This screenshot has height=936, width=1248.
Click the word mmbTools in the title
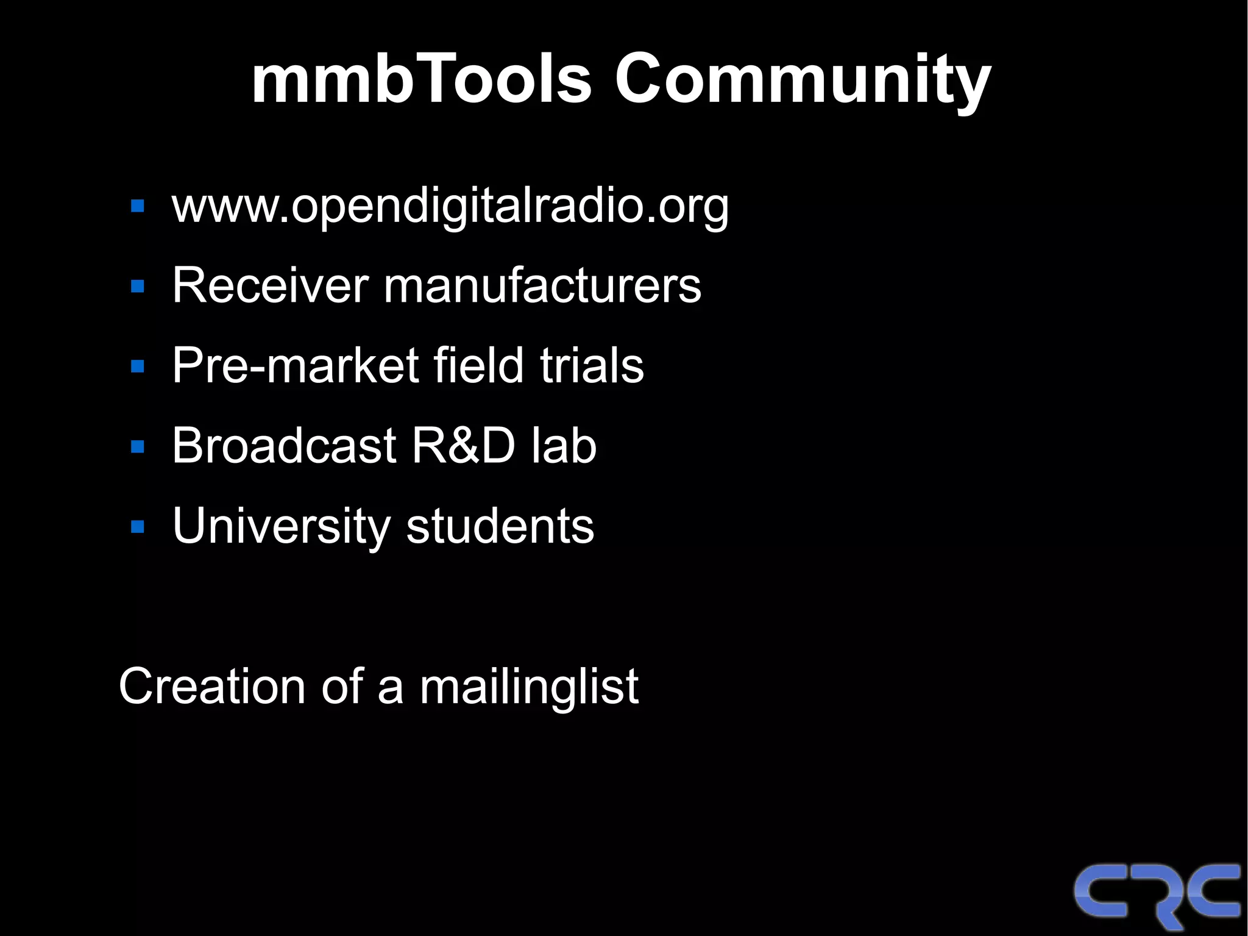click(x=421, y=79)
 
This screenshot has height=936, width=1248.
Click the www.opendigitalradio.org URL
click(x=450, y=206)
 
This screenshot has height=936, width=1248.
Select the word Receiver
click(x=270, y=285)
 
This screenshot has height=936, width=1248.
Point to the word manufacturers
click(x=542, y=285)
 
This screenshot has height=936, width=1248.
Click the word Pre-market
click(x=296, y=365)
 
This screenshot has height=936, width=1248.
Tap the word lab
click(x=564, y=445)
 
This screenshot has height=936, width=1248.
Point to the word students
click(x=500, y=526)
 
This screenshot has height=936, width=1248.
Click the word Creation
click(x=211, y=686)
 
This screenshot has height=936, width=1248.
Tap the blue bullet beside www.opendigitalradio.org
click(x=138, y=206)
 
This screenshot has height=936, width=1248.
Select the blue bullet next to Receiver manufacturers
click(x=138, y=286)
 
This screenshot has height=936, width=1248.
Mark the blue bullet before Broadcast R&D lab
click(x=138, y=447)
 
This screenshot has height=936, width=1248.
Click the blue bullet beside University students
click(x=138, y=527)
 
